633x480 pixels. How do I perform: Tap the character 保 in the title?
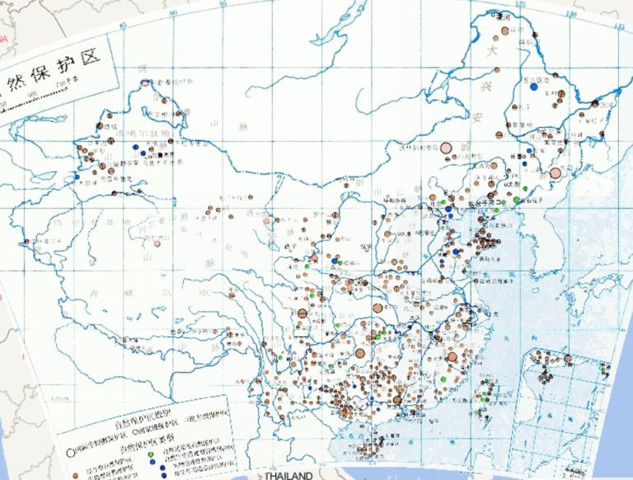click(41, 82)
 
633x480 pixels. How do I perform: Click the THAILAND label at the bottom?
click(288, 476)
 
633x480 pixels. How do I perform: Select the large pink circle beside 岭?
click(447, 148)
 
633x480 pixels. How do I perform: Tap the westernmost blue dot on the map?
click(77, 177)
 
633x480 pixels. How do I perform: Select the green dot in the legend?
click(150, 454)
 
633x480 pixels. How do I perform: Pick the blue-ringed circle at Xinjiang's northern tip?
click(145, 82)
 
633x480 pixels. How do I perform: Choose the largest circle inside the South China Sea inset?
click(568, 359)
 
